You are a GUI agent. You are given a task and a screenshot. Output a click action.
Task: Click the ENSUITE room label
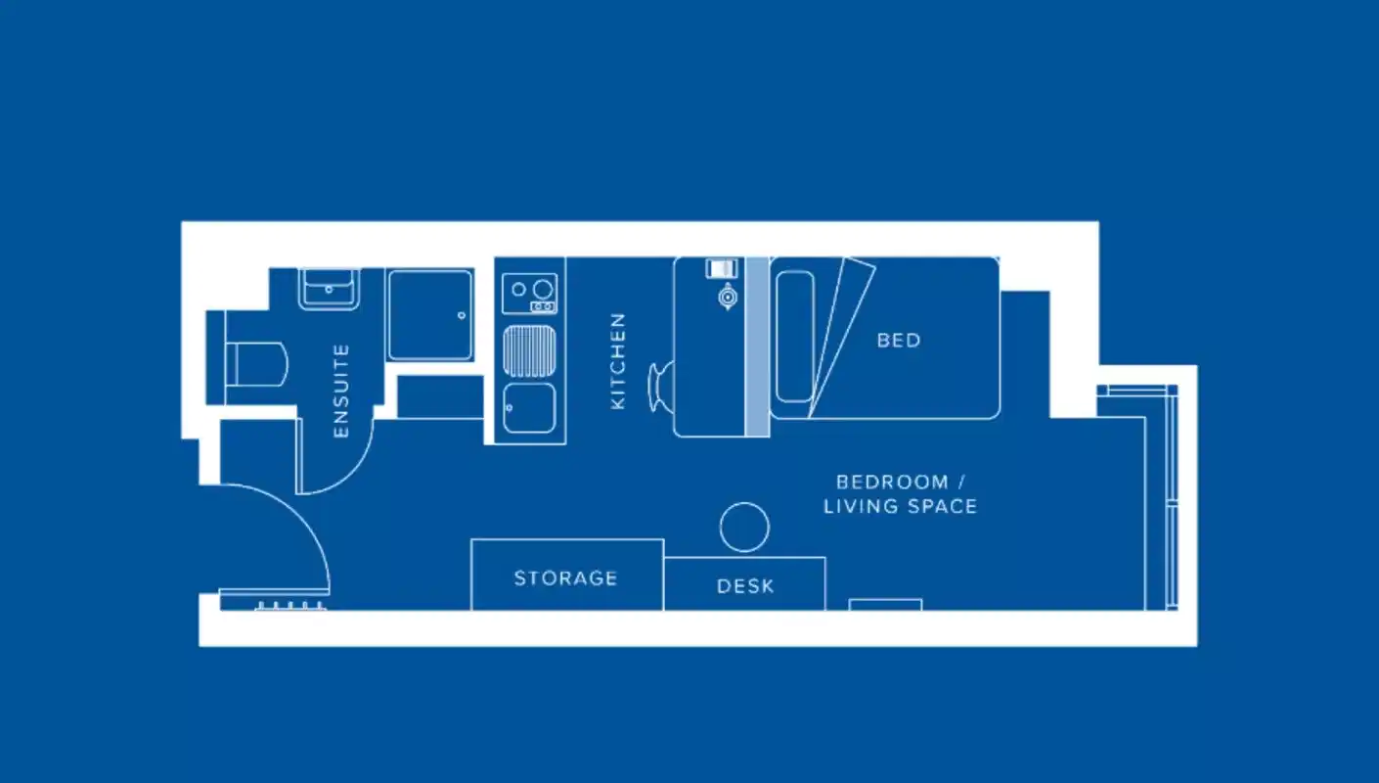click(340, 391)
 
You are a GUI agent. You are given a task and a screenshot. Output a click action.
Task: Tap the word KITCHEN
click(618, 360)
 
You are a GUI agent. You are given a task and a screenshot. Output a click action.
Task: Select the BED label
click(898, 341)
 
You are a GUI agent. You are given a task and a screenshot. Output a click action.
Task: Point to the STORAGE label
click(565, 578)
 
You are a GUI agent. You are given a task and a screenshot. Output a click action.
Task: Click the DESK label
click(745, 586)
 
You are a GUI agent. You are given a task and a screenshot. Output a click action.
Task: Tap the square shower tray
click(429, 315)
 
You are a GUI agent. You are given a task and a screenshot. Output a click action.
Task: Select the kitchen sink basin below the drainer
click(529, 407)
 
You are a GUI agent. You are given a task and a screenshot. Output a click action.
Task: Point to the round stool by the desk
click(744, 527)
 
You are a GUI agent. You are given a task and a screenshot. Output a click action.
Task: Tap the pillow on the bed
click(794, 336)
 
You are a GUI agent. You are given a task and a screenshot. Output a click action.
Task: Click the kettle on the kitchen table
click(727, 297)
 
